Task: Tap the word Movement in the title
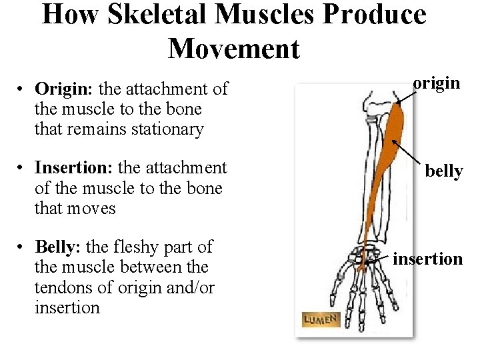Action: point(234,48)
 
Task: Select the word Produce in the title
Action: point(371,14)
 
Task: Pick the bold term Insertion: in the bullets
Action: point(73,167)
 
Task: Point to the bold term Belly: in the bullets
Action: point(57,247)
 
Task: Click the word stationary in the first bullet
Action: point(162,129)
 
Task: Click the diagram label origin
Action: point(436,83)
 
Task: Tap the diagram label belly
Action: point(443,171)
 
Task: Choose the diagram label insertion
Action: point(427,258)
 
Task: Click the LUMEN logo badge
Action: point(321,319)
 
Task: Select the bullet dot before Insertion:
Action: point(23,168)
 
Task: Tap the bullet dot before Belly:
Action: point(23,247)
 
